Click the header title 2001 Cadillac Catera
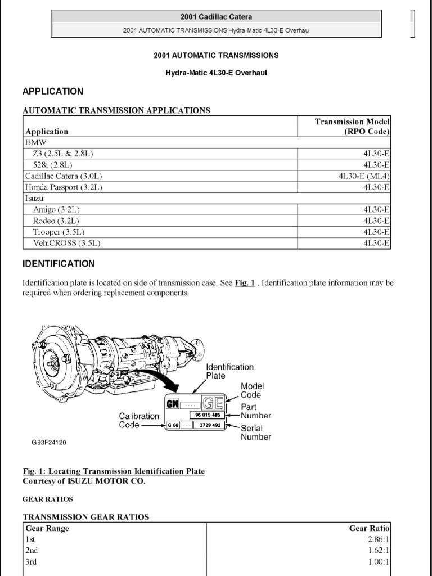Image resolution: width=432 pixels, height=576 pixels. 216,17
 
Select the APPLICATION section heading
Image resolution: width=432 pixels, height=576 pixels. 52,91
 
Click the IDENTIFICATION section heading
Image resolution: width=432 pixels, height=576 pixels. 58,263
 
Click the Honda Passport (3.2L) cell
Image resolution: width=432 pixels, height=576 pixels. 63,187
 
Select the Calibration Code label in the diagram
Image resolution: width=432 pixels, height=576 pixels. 139,420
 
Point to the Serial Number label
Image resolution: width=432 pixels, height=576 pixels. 256,433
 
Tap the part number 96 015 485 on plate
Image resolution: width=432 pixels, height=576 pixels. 209,415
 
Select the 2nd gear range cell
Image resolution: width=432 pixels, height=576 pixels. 31,550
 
